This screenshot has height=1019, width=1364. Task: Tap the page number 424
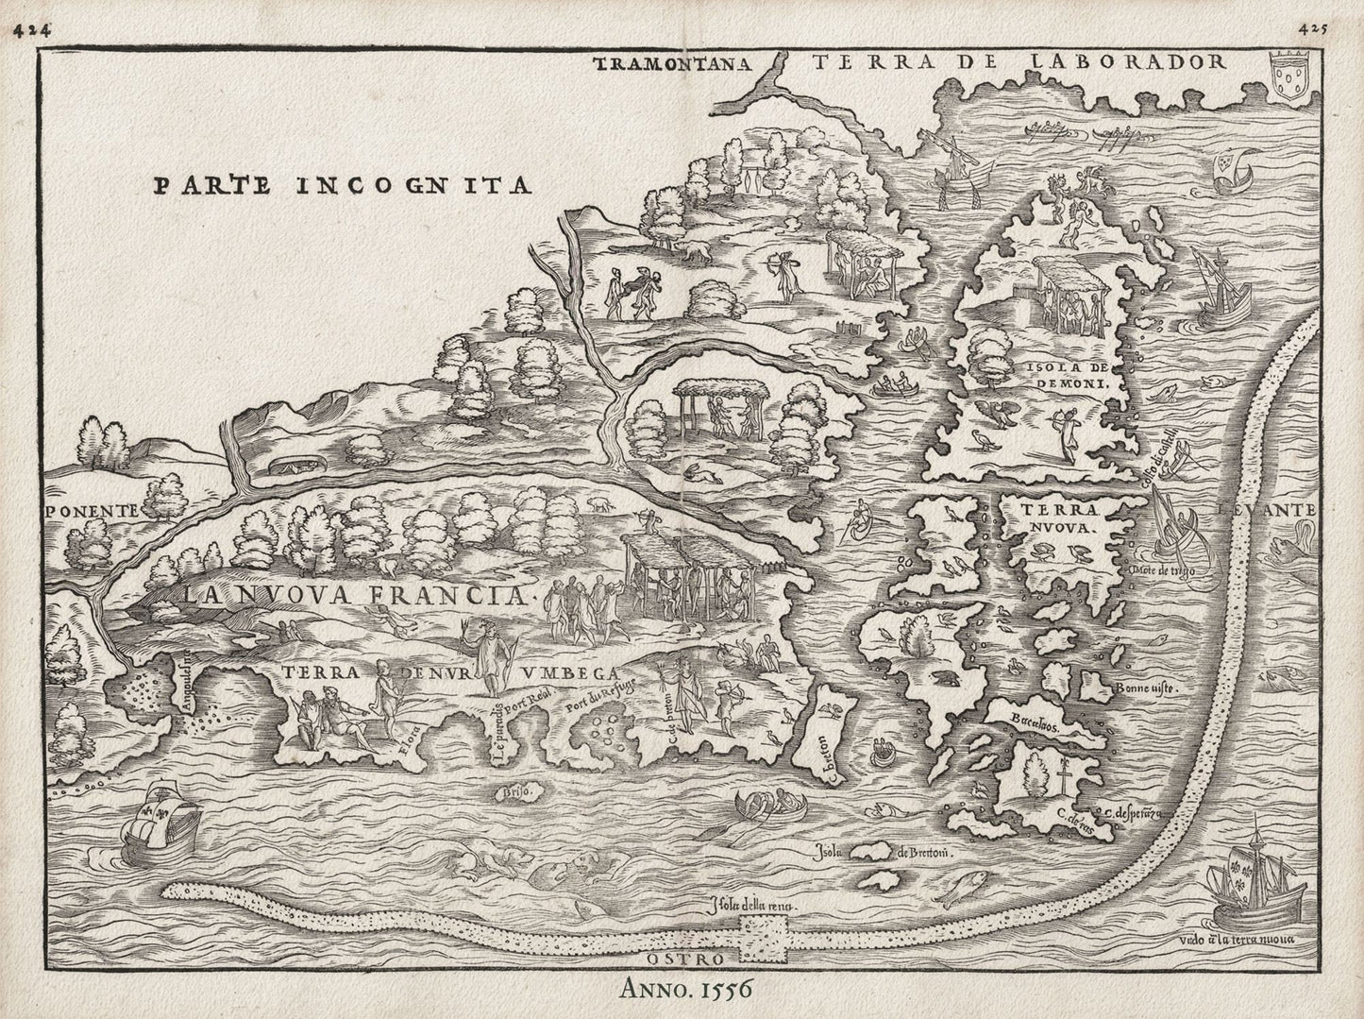point(31,29)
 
